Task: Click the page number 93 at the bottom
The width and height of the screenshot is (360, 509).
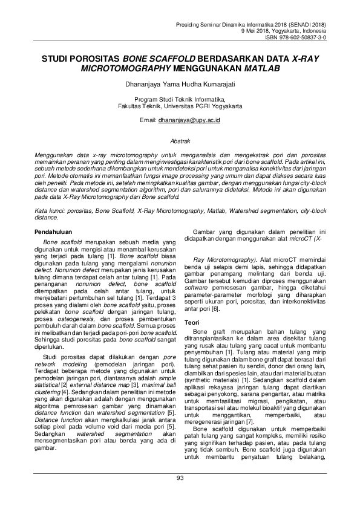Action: tap(180, 496)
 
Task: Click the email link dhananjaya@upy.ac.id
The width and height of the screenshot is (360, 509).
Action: tap(189, 121)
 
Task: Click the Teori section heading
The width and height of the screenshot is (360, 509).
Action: tap(192, 323)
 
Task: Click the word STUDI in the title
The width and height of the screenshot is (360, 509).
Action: tap(56, 60)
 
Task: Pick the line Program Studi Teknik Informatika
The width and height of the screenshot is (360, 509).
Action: tap(180, 98)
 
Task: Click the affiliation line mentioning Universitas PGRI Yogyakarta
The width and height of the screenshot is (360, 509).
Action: tap(180, 105)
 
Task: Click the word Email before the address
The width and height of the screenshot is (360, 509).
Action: tap(148, 121)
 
